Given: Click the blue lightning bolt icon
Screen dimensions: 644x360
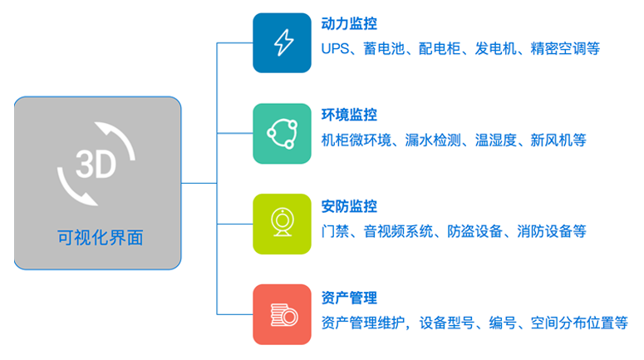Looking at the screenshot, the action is coord(283,42).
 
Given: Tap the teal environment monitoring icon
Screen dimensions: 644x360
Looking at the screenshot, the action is coord(283,134).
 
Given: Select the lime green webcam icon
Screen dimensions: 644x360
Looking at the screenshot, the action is coord(283,224).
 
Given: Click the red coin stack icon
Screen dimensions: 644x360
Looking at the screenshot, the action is coord(283,314).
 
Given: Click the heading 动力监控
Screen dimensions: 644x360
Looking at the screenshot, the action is coord(349,24).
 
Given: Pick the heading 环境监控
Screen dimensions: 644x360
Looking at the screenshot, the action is coord(349,115).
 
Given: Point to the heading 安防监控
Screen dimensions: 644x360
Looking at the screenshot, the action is coord(349,206).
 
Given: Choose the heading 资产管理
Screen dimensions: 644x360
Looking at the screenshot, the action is coord(349,298).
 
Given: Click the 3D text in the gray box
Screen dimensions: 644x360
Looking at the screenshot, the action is coord(96,165).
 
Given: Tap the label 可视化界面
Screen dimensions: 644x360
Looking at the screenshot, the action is coord(101,238).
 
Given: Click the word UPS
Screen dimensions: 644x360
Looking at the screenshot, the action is coord(335,48).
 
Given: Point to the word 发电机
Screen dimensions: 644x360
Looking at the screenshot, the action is coord(496,48).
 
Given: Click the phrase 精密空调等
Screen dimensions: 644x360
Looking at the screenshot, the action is coord(565,48).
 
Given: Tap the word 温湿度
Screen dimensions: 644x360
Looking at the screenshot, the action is coord(496,141).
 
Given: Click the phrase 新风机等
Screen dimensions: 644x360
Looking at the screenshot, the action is coord(558,141).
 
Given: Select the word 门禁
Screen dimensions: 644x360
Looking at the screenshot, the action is coord(335,231).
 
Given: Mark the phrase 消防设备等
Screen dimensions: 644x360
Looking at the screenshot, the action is coord(552,231).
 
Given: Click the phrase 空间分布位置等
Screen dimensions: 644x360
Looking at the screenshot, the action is coord(579,323).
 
